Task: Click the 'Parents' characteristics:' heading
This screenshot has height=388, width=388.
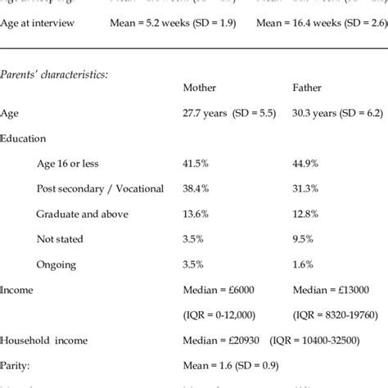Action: [53, 73]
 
